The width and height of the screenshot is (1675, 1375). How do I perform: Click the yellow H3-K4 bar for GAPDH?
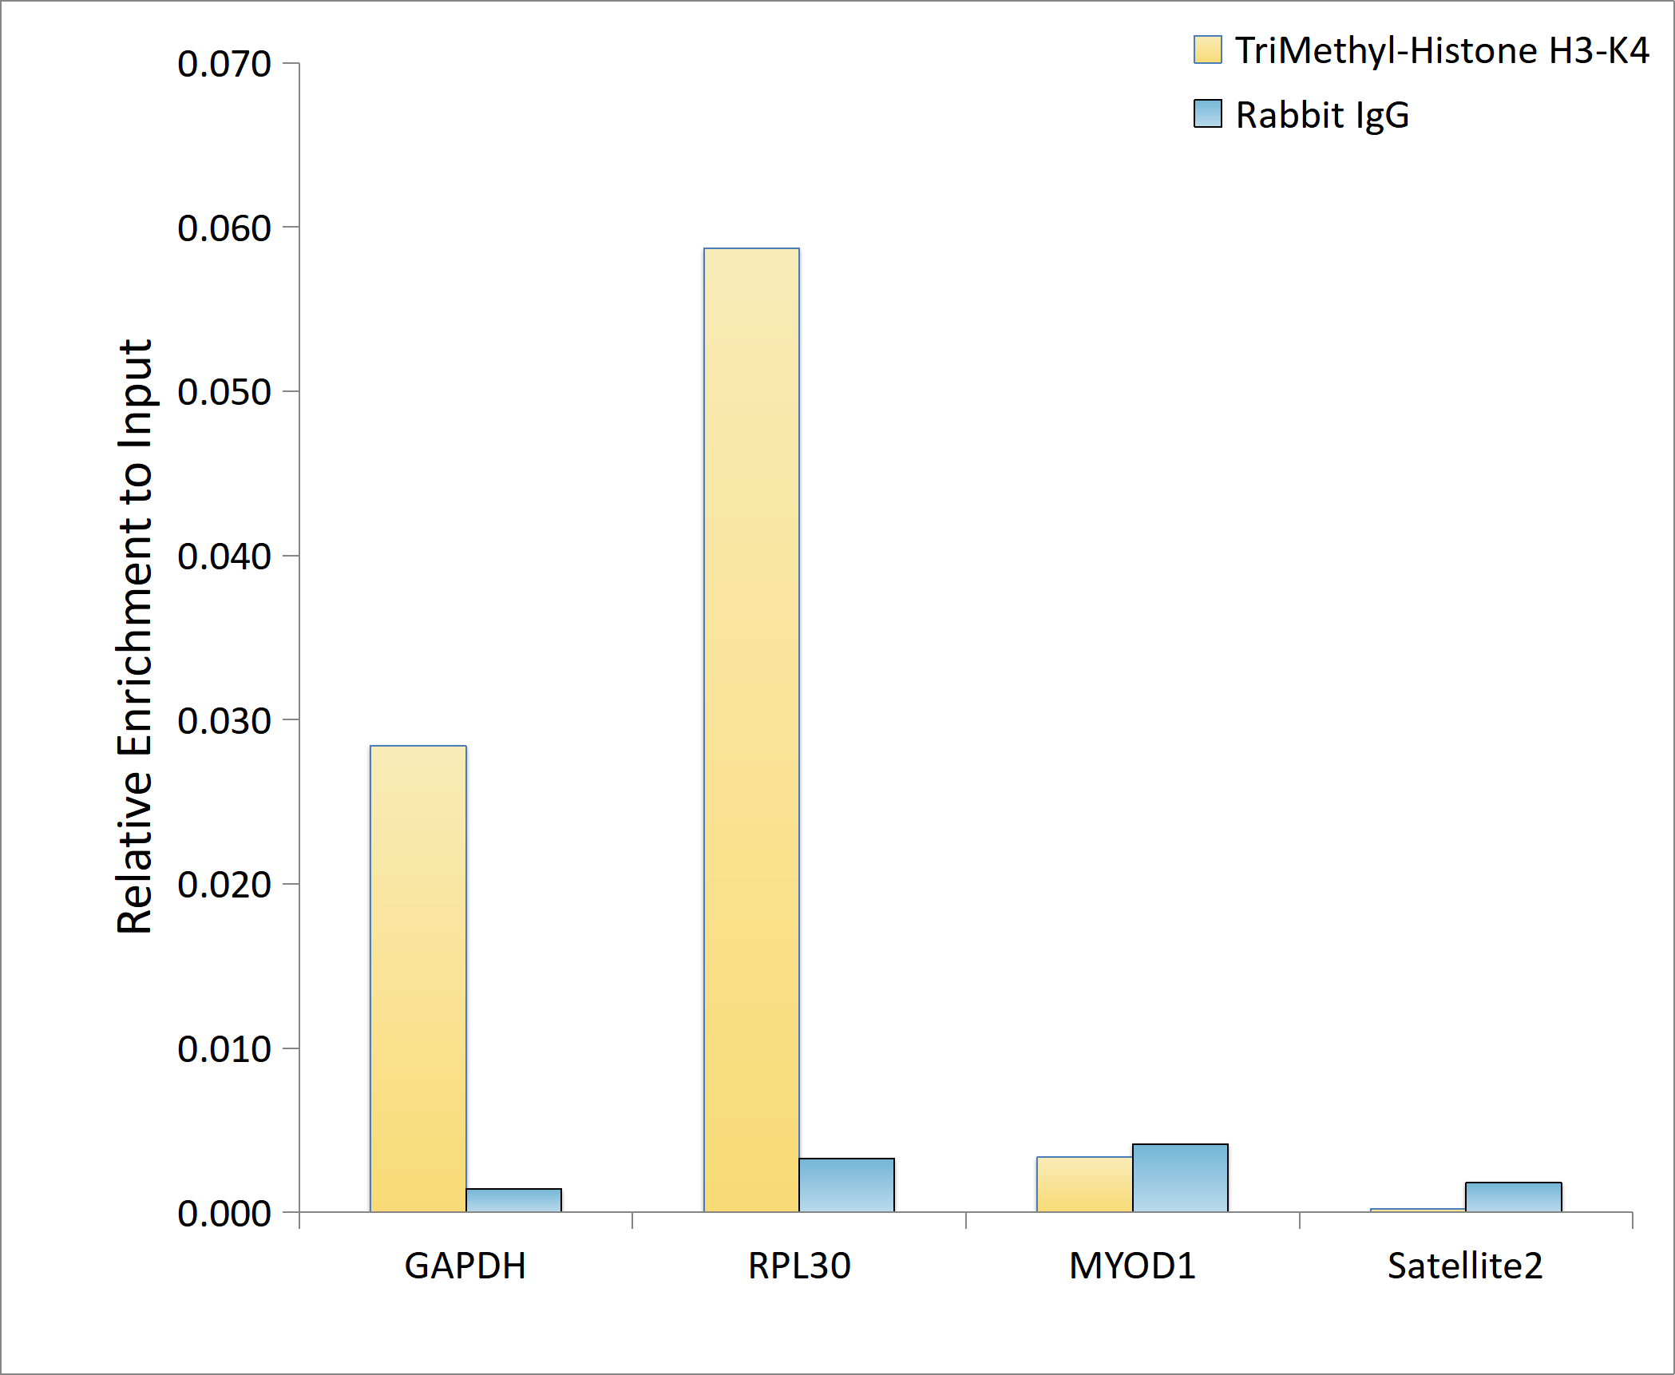(x=418, y=978)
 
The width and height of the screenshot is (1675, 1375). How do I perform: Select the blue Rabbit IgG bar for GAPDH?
(x=513, y=1200)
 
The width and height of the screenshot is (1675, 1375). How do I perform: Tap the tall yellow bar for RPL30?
(x=751, y=730)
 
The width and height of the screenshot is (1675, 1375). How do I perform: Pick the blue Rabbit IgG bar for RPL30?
(x=846, y=1185)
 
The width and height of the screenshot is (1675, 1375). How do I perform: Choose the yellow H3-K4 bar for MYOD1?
(x=1084, y=1184)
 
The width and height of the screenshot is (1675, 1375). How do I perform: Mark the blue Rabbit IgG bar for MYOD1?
(x=1180, y=1178)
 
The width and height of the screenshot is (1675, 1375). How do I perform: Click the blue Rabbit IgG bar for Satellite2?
(x=1513, y=1197)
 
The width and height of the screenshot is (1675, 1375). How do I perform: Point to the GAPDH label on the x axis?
(x=465, y=1266)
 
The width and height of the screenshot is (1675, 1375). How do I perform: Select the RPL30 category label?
(x=799, y=1266)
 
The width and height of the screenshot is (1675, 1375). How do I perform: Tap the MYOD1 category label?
(x=1132, y=1266)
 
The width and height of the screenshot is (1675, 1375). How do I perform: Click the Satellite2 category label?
(x=1465, y=1266)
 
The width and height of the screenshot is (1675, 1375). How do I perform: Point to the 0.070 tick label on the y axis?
(x=224, y=64)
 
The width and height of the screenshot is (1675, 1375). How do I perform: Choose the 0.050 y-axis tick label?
(x=224, y=392)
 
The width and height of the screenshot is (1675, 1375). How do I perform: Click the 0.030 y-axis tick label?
(x=224, y=720)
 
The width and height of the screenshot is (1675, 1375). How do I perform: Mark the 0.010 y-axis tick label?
(x=224, y=1048)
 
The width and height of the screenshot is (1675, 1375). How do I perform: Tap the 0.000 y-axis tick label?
(x=224, y=1213)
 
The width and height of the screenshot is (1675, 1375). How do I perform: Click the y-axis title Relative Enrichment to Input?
(x=135, y=636)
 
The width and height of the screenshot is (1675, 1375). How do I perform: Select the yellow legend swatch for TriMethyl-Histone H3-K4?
(x=1208, y=50)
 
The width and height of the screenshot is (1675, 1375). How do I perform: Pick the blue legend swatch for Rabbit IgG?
(x=1208, y=113)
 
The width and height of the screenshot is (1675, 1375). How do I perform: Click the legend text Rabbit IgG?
(x=1323, y=116)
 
